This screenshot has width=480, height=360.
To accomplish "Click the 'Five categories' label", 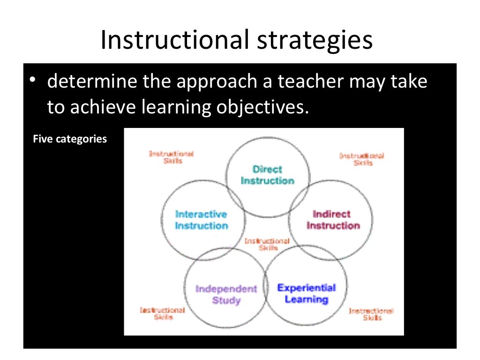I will tap(70, 139).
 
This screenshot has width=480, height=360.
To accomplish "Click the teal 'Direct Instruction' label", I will tap(267, 175).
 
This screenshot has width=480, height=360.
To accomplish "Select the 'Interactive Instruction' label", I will tap(201, 220).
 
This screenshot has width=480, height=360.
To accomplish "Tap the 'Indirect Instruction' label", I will tap(332, 220).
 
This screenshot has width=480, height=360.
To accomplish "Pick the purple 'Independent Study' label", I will tap(226, 294).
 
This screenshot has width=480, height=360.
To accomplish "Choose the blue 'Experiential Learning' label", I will tap(307, 293).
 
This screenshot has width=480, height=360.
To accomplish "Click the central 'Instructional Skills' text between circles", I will tap(267, 244).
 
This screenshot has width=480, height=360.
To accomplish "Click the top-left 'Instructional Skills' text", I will tap(171, 157).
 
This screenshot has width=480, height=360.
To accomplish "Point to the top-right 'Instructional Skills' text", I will tap(362, 159).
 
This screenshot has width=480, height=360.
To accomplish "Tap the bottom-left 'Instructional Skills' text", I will tap(163, 314).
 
